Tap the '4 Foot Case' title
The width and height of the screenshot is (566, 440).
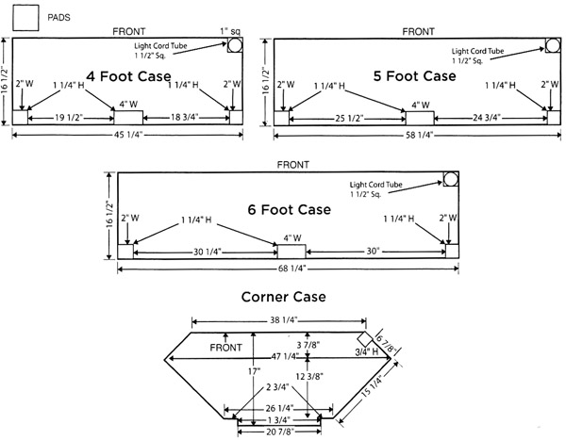click(128, 75)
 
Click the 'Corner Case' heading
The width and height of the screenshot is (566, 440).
click(282, 296)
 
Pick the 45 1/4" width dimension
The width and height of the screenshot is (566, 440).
click(126, 135)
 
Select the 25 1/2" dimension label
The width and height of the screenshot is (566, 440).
click(349, 120)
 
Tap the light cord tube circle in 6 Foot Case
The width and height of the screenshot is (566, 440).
click(450, 178)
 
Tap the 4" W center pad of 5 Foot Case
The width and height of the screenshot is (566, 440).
click(420, 118)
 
